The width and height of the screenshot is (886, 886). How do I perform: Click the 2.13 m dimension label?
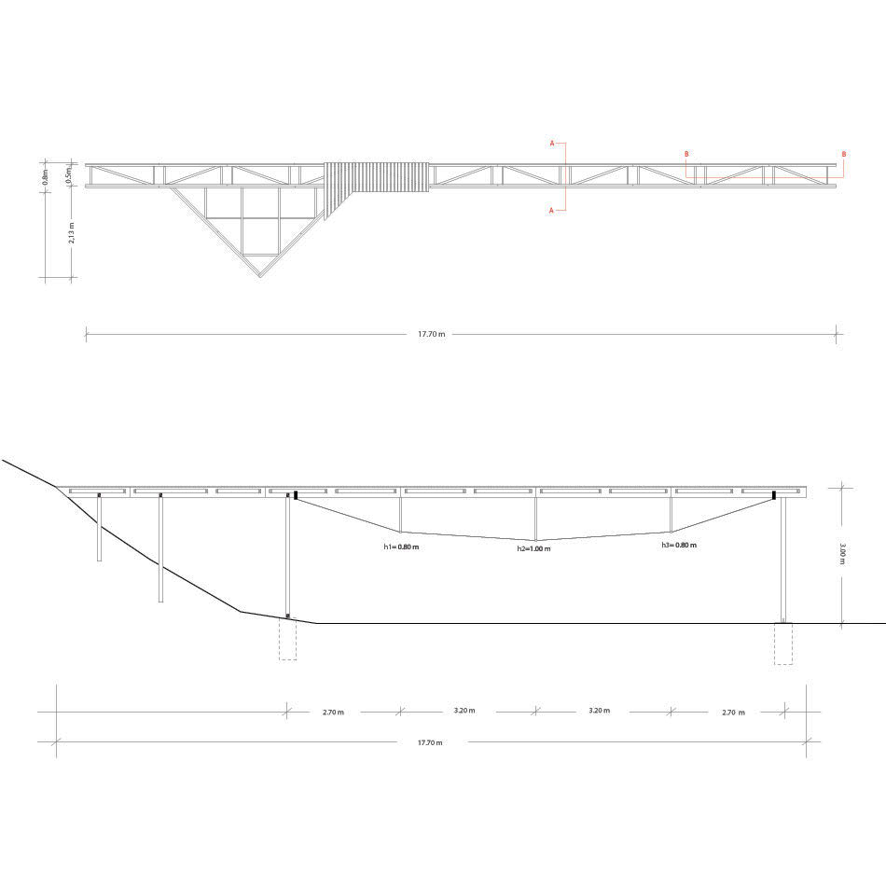point(71,232)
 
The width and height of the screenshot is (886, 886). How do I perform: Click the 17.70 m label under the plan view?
point(431,334)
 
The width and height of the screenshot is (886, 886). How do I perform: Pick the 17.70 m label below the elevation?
point(430,742)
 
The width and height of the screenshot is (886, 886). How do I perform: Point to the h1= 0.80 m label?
point(401,547)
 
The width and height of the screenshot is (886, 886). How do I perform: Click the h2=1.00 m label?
point(534,549)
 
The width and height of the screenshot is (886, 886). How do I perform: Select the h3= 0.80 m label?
point(679,545)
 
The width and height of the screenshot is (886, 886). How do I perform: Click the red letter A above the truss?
point(552,144)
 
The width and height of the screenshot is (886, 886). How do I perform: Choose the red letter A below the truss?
point(552,211)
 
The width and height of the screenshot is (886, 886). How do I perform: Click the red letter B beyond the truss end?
point(844,154)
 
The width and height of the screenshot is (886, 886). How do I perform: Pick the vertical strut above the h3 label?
point(671,514)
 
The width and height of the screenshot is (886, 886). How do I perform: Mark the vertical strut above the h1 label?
point(401,514)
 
